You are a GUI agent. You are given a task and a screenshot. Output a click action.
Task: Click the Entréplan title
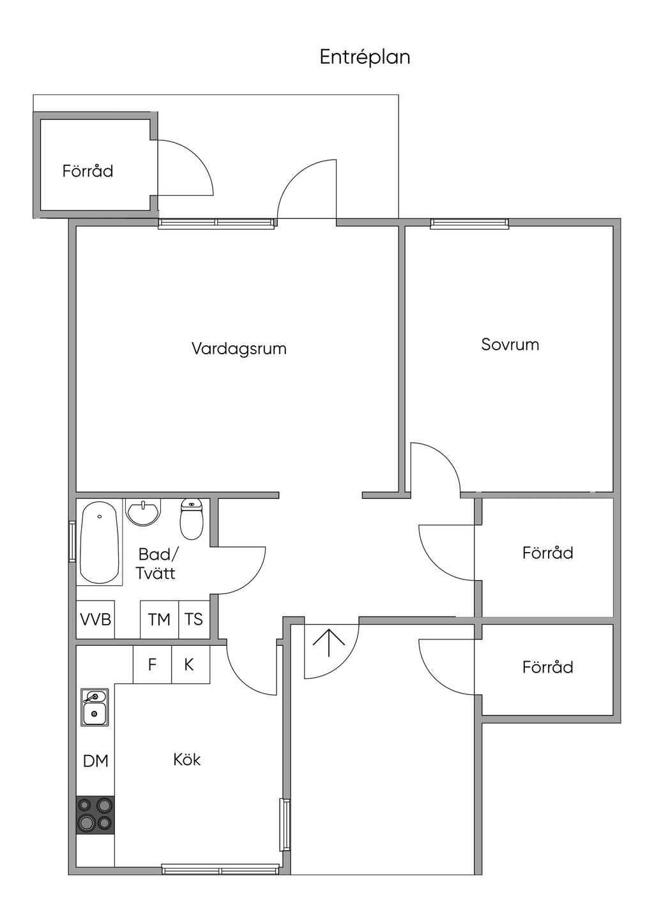tap(365, 57)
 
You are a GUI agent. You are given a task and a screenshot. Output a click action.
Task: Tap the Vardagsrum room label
tap(239, 348)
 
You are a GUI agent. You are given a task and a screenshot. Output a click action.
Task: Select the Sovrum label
tap(510, 345)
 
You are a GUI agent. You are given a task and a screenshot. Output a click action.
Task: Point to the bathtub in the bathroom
tap(100, 542)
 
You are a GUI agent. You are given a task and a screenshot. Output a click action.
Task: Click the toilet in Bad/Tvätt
tap(192, 519)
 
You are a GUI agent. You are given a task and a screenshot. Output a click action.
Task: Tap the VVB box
tap(95, 619)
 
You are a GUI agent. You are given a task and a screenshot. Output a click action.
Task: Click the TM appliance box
tap(160, 619)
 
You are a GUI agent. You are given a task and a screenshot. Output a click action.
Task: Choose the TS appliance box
tap(194, 619)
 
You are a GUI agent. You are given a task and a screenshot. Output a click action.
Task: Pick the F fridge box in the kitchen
tap(152, 664)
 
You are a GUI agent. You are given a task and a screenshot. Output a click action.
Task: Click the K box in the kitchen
tap(190, 664)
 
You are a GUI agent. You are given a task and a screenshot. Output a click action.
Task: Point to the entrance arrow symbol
tap(329, 643)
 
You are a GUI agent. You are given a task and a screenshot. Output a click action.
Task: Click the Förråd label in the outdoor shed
tap(87, 171)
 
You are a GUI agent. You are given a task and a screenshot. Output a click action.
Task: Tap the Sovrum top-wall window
tap(469, 223)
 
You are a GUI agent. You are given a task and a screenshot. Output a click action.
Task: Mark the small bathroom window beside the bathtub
tap(72, 541)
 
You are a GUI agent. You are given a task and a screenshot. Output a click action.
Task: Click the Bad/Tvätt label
tap(156, 564)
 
